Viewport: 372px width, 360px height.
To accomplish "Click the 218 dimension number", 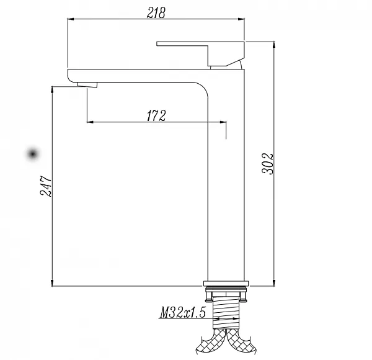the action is click(x=156, y=12).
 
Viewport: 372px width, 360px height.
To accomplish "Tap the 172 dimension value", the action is click(x=156, y=115).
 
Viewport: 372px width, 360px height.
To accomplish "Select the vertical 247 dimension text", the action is click(x=46, y=186).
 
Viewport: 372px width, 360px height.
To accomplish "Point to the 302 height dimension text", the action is click(x=268, y=164).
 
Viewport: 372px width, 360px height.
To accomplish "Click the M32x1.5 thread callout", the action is click(x=182, y=312).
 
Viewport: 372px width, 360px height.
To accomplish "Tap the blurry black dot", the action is click(x=33, y=154).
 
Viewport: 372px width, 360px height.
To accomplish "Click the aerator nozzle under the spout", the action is click(x=87, y=85).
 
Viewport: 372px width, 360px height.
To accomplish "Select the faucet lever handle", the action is click(x=200, y=53).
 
